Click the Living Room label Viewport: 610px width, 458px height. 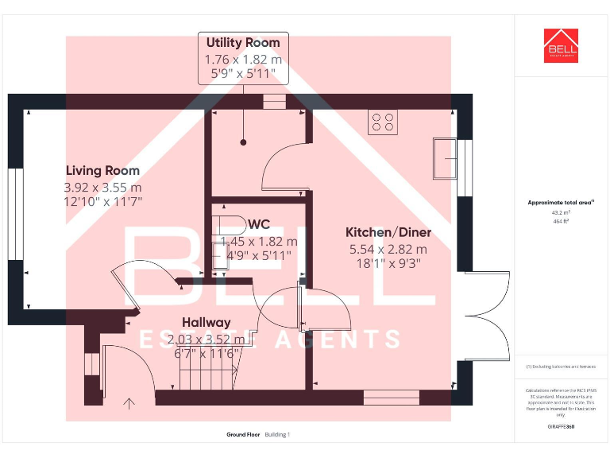pos(102,170)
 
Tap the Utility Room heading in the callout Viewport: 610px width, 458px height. pos(243,43)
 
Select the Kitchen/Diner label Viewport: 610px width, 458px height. pos(388,232)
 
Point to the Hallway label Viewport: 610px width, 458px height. pos(206,322)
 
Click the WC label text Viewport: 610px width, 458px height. pos(259,224)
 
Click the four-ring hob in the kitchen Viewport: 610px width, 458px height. pos(382,122)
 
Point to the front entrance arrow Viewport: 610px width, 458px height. pos(129,404)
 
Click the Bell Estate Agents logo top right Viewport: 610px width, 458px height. pos(561,45)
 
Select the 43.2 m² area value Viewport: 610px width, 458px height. pos(561,213)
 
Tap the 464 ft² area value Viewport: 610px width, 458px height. pos(561,221)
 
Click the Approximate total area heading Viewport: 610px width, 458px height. pos(561,203)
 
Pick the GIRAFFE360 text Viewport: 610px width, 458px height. pos(561,427)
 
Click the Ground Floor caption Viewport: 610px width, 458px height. pos(242,435)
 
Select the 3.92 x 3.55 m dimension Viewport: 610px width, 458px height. pos(102,188)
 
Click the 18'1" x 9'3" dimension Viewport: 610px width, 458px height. pos(388,262)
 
